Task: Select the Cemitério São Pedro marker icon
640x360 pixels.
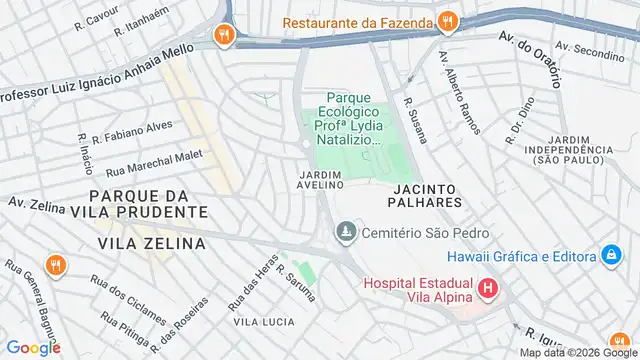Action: click(x=345, y=233)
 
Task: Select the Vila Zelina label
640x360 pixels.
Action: click(x=152, y=243)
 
